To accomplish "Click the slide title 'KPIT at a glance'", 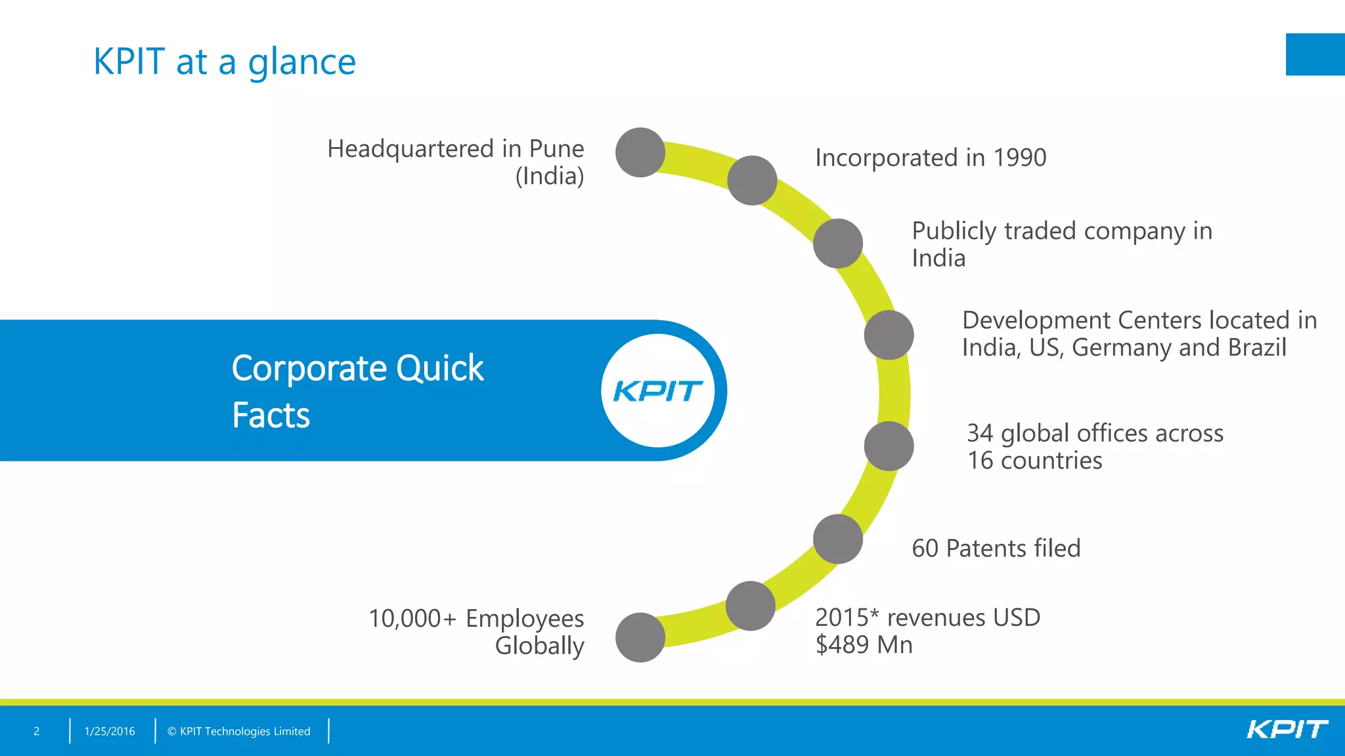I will pos(225,62).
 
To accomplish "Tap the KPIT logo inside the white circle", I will pos(657,391).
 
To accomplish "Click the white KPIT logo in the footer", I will pos(1287,730).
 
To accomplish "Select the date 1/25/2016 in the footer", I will pos(110,731).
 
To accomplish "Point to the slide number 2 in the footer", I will pos(37,731).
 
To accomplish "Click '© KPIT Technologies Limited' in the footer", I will pos(238,731).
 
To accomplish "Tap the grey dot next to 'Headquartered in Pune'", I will pos(640,152).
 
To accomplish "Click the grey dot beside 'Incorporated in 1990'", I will pos(752,180).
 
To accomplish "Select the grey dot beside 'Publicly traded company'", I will pos(837,243).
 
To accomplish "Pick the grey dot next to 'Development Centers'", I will pos(889,335).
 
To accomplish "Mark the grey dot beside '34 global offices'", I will pos(889,446).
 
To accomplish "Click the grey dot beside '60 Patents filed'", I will pos(837,539).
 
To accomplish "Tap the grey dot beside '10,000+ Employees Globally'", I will pos(640,637).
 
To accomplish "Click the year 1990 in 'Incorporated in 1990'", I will pos(1019,158).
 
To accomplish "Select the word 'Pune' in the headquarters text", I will pos(556,150).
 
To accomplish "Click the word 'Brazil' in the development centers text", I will pos(1257,347).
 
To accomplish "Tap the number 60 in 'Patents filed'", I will pos(925,549).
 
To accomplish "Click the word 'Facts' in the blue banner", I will pos(271,415).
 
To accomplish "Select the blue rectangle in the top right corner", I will pos(1315,54).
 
